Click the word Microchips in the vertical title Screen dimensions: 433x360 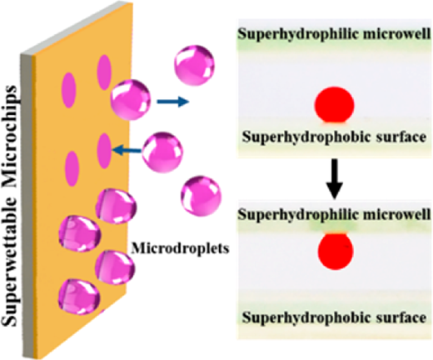pos(11,137)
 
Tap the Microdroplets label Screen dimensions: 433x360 pos(180,248)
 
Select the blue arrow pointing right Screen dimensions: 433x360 pos(173,102)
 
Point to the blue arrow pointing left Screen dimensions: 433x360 pos(127,151)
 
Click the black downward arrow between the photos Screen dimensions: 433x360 pos(335,179)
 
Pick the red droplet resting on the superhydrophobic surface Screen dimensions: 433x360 pos(334,105)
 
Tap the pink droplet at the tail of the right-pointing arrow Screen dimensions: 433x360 pos(131,100)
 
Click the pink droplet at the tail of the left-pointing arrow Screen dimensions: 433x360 pos(162,152)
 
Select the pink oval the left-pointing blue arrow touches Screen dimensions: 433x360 pos(105,151)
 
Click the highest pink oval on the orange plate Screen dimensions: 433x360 pos(104,72)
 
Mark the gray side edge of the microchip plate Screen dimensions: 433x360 pos(27,204)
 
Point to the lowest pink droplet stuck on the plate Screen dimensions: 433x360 pos(79,297)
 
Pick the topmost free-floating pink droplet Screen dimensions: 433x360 pos(194,66)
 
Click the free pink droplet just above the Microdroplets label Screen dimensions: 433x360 pos(201,196)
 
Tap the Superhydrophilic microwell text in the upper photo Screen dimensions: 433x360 pos(335,34)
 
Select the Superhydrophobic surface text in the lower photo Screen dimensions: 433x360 pos(334,317)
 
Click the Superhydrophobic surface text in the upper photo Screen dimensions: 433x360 pos(334,137)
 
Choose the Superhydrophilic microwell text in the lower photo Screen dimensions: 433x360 pos(335,215)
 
